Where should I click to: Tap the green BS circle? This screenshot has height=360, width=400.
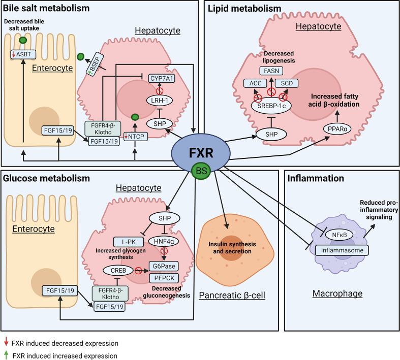pyautogui.click(x=199, y=170)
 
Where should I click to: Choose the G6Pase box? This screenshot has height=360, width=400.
pyautogui.click(x=163, y=265)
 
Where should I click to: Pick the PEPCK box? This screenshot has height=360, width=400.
pyautogui.click(x=163, y=277)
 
